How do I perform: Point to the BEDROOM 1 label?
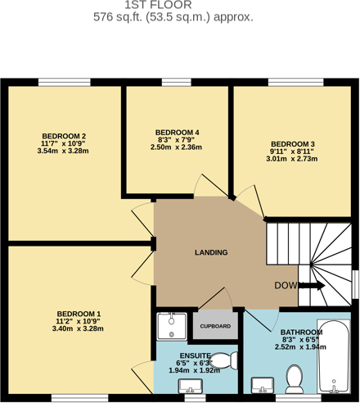point(79,314)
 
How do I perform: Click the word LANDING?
point(211,252)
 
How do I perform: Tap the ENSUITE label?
point(194,355)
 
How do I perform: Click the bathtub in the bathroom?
point(334,359)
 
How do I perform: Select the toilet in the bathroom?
point(295,378)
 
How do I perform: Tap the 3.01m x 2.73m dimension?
point(294,159)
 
